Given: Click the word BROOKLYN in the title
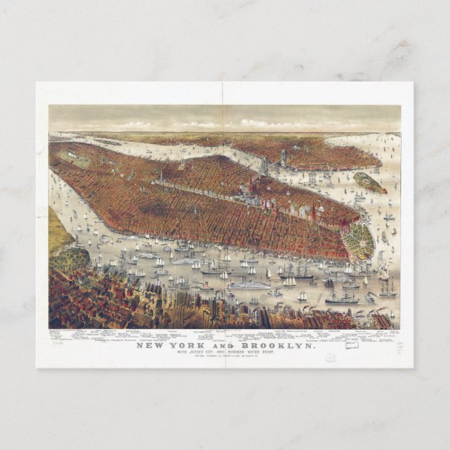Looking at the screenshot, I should pos(282,344).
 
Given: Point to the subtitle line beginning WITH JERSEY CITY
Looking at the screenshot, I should pos(225,352).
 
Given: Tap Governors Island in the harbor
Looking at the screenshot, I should pos(370,182).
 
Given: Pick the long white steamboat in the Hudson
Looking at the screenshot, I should pos(249,285).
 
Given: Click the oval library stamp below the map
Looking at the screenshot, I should pos(330,356).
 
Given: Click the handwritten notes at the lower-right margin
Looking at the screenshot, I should pos(400,347).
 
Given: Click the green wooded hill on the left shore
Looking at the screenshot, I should pos(68,259).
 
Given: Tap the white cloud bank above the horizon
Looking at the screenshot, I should pos(210,124).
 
